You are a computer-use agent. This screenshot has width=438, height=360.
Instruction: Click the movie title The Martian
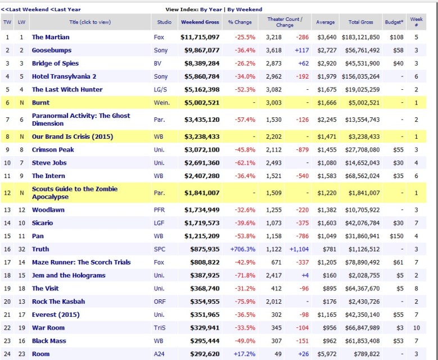click(51, 37)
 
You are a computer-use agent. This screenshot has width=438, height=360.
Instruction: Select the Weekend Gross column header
click(200, 22)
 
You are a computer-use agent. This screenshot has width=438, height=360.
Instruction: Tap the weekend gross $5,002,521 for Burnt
click(200, 103)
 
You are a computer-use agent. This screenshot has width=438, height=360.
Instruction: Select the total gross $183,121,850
click(360, 37)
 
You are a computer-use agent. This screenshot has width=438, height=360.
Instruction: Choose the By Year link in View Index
click(211, 10)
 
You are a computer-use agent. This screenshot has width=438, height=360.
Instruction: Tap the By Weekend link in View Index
click(245, 10)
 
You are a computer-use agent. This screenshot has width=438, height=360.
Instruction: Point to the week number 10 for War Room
click(417, 327)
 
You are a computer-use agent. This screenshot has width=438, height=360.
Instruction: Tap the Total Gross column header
click(360, 22)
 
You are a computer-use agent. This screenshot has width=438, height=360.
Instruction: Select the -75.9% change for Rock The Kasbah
click(240, 302)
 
